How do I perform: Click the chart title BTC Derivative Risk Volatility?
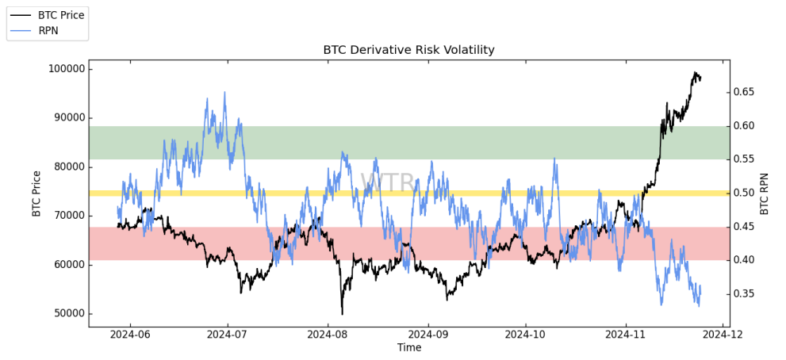(x=408, y=50)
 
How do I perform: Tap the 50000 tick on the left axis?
(x=67, y=314)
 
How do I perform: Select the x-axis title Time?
(x=409, y=348)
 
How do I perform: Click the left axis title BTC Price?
(x=36, y=193)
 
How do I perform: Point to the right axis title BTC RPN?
(x=765, y=193)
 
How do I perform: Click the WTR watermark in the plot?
(x=388, y=183)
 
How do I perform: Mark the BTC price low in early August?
(x=343, y=313)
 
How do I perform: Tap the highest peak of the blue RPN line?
(x=224, y=92)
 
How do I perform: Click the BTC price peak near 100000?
(x=696, y=73)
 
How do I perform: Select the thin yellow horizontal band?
(x=408, y=193)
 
